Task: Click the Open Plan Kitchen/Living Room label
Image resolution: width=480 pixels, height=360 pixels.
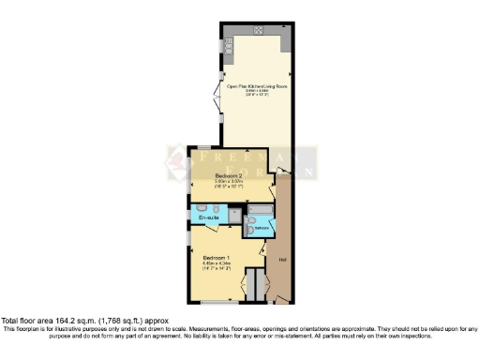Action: click(x=256, y=85)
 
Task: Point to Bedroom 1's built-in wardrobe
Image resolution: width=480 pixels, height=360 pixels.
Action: click(x=250, y=282)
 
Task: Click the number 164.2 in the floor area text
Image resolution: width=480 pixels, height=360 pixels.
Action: click(x=67, y=320)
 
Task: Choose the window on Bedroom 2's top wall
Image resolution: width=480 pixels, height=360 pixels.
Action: click(x=202, y=147)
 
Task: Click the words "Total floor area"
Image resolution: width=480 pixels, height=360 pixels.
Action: click(x=29, y=320)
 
